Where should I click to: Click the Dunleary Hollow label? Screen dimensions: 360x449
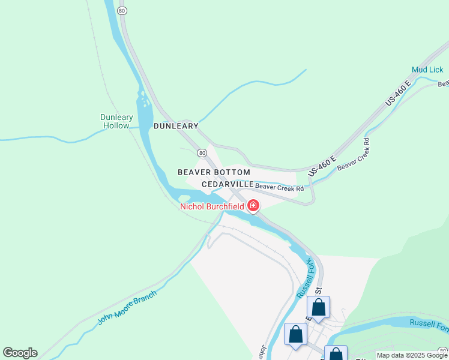coord(115,122)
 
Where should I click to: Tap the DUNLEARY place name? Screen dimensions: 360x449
coord(176,126)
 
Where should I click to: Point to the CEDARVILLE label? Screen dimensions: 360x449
coord(227,184)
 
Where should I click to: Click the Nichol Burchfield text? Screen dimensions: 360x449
coord(212,207)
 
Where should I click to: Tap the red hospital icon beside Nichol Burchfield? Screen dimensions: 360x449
coord(253,207)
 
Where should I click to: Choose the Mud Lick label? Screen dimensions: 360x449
coord(427,70)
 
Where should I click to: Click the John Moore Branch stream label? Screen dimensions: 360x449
coord(127,308)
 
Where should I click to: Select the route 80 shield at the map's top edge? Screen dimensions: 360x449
coord(122,11)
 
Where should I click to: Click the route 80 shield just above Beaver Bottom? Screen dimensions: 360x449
coord(202,153)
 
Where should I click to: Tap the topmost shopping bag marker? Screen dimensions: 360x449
coord(319,307)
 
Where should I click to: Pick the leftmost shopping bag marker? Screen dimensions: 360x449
coord(295,334)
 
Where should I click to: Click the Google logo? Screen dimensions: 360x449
coord(20,353)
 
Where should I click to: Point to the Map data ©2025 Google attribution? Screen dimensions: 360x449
coord(412,355)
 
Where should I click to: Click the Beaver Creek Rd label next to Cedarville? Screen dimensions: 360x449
coord(279,188)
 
